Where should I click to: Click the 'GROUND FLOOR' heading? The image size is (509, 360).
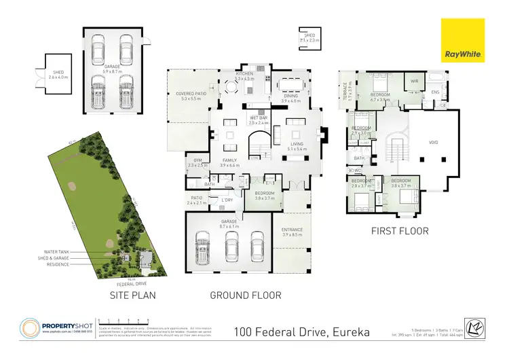click(x=245, y=295)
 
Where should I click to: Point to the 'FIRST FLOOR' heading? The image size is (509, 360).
click(x=399, y=231)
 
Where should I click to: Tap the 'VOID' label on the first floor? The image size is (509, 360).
click(x=434, y=143)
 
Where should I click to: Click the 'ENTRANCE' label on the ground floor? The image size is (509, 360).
click(x=291, y=230)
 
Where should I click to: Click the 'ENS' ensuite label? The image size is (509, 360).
click(x=436, y=92)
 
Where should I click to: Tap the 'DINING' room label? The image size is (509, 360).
click(x=291, y=96)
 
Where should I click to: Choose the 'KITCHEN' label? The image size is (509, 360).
click(x=244, y=74)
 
